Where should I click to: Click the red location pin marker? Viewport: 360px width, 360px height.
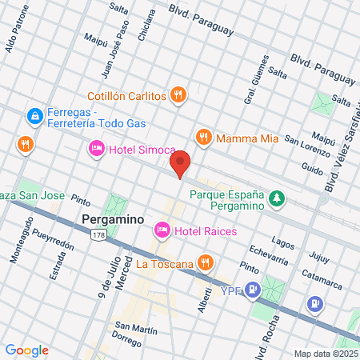coord(181,162)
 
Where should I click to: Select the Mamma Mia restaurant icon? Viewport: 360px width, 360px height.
coord(203,138)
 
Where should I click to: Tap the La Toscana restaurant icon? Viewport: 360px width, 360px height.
coord(206,263)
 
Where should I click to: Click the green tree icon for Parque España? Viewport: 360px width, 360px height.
coord(277,197)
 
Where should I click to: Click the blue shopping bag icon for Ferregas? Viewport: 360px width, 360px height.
coord(35,117)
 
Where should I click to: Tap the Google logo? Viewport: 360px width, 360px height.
coord(26,350)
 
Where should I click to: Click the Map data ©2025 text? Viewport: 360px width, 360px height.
coord(326,353)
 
